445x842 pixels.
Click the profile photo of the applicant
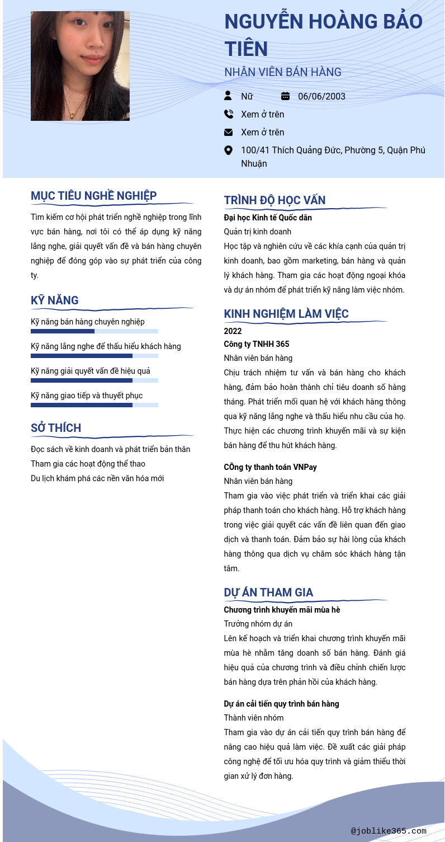(x=80, y=66)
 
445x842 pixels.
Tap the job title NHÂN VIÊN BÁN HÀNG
(x=282, y=72)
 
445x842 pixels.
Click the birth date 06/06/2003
(x=321, y=96)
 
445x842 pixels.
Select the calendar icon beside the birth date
(x=285, y=96)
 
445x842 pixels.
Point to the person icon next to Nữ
(x=228, y=96)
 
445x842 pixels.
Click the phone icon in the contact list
(x=228, y=114)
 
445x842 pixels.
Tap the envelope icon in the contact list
(x=228, y=132)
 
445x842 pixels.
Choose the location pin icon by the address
(x=228, y=150)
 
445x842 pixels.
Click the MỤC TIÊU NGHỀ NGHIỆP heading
(x=94, y=196)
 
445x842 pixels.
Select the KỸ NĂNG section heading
(x=55, y=300)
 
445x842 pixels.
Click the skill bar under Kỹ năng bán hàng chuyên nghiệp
(x=94, y=331)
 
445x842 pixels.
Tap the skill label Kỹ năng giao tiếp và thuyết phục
(x=87, y=396)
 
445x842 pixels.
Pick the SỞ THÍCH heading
(x=56, y=428)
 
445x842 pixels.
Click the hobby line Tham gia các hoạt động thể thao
(x=88, y=464)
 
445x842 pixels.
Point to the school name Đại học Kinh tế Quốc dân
(x=268, y=218)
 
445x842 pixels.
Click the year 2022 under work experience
(x=233, y=331)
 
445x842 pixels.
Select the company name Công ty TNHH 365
(x=256, y=344)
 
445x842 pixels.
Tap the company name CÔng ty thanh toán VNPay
(x=270, y=467)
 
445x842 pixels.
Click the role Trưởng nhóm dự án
(x=258, y=624)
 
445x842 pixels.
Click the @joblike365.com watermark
(x=389, y=831)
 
